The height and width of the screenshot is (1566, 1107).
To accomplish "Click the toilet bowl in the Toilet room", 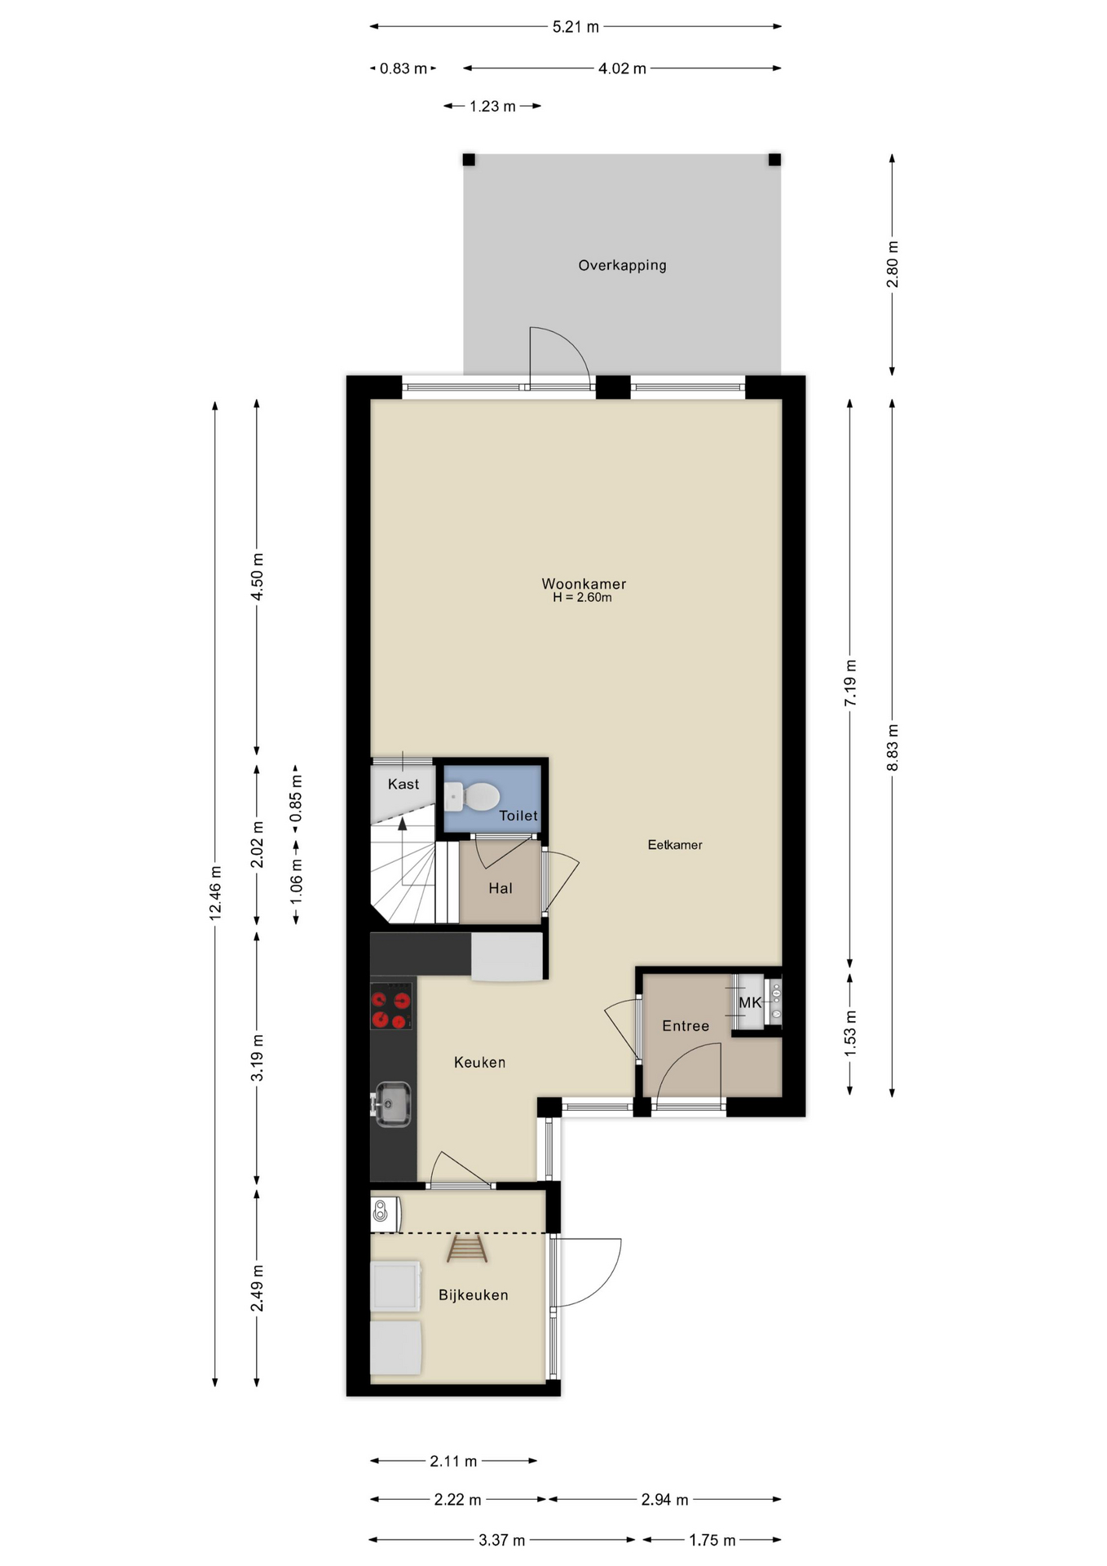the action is (473, 796).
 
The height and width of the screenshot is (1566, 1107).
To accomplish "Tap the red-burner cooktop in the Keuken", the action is (390, 1006).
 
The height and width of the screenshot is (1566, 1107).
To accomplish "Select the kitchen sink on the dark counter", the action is (392, 1105).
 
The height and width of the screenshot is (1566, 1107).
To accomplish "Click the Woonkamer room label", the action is (584, 584).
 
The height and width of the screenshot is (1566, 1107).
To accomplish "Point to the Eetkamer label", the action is (675, 845).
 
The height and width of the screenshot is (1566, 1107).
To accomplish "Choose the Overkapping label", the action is (622, 266).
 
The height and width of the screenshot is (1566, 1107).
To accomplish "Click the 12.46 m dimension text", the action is (215, 893).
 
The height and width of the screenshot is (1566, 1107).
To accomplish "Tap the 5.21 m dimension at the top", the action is (576, 27).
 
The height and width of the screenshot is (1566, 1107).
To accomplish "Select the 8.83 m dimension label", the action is (893, 747).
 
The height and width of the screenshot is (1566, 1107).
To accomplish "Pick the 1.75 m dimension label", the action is (712, 1540).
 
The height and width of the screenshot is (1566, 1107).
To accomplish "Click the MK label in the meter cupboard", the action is (750, 1002).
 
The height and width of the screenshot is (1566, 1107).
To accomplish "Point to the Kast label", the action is (403, 784).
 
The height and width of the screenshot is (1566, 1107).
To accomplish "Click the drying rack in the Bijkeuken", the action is (467, 1249).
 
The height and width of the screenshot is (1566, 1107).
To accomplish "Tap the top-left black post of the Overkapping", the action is (469, 160).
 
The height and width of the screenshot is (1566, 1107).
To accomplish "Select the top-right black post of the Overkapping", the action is (774, 160).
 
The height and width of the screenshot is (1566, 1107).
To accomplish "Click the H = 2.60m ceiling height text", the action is (582, 598).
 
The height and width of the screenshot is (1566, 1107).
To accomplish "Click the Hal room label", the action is (501, 888).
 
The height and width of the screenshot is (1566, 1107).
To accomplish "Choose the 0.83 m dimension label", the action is (403, 69).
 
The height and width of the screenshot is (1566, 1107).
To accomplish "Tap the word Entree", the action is (686, 1026).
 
